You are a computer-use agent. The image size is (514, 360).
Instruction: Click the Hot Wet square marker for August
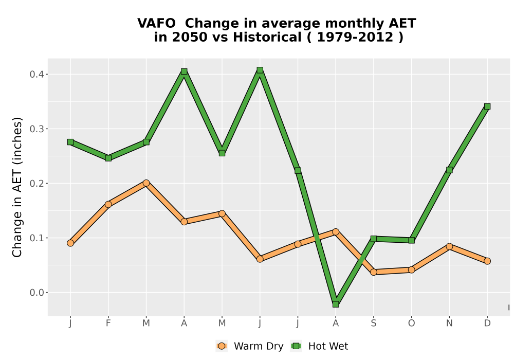click(x=335, y=304)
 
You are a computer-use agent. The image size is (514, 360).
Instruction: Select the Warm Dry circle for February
click(x=108, y=205)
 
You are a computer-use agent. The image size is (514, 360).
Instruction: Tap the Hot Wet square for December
click(x=487, y=106)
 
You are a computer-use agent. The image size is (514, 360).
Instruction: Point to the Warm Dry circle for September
click(x=373, y=272)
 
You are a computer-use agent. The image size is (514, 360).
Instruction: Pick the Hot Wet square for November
click(x=449, y=170)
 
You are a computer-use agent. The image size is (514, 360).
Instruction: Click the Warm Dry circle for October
click(x=411, y=270)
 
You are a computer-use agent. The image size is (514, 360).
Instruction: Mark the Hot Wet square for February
click(x=108, y=158)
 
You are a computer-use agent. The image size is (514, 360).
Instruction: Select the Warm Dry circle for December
click(x=487, y=261)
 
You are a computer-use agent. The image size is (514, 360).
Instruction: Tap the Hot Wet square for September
click(x=373, y=239)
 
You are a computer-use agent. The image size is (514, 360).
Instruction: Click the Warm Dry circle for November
click(x=449, y=246)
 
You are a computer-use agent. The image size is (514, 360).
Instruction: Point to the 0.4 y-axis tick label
click(x=36, y=75)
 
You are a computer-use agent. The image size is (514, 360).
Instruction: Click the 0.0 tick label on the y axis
click(x=36, y=293)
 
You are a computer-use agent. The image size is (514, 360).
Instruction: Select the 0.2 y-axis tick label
click(x=36, y=183)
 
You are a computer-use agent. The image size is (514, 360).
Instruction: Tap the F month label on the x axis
click(x=108, y=323)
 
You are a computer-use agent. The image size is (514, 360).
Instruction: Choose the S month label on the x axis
click(x=373, y=323)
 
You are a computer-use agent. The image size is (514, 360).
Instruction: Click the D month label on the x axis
click(x=487, y=323)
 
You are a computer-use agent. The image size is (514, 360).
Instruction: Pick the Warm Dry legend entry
click(x=250, y=346)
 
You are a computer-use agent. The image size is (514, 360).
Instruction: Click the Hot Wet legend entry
click(x=319, y=346)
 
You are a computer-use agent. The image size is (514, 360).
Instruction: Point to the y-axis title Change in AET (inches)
click(x=17, y=187)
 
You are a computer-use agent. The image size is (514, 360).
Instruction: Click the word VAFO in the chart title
click(x=156, y=24)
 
